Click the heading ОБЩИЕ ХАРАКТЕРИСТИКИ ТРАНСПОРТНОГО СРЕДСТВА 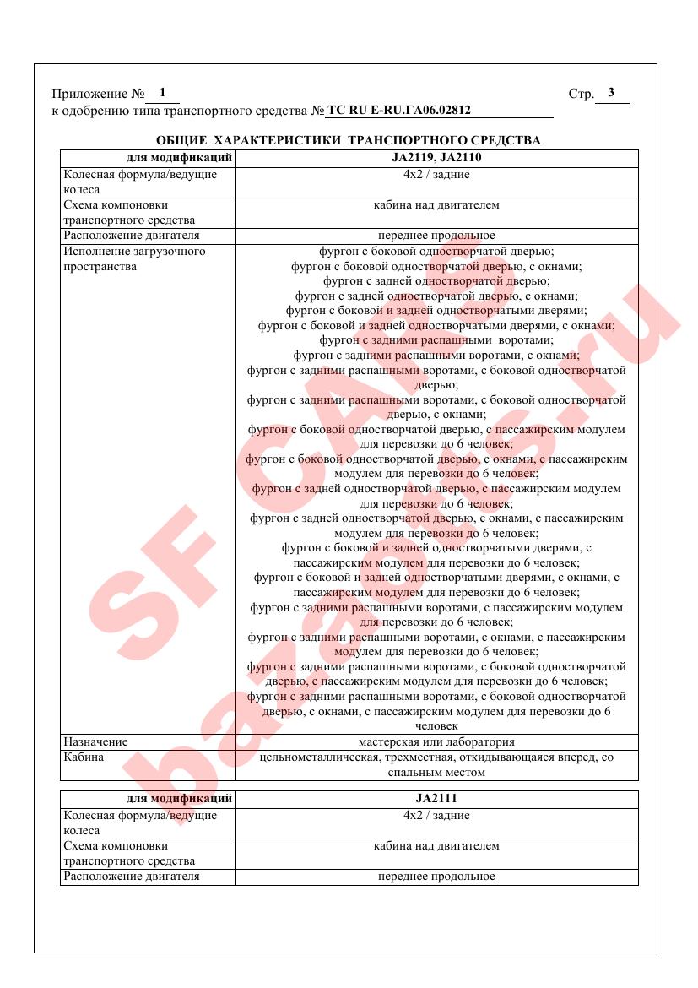pyautogui.click(x=349, y=140)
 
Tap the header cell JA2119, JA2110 pyautogui.click(x=436, y=158)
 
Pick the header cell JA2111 pyautogui.click(x=436, y=798)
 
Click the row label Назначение pyautogui.click(x=95, y=742)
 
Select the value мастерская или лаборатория pyautogui.click(x=436, y=742)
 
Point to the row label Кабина pyautogui.click(x=84, y=757)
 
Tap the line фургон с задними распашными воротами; pyautogui.click(x=436, y=340)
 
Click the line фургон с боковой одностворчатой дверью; pyautogui.click(x=436, y=251)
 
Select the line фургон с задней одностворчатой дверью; pyautogui.click(x=436, y=281)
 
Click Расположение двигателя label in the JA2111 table pyautogui.click(x=132, y=877)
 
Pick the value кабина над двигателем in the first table pyautogui.click(x=436, y=205)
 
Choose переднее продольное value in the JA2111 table pyautogui.click(x=436, y=877)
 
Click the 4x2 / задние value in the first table pyautogui.click(x=436, y=175)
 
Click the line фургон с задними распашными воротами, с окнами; pyautogui.click(x=436, y=356)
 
